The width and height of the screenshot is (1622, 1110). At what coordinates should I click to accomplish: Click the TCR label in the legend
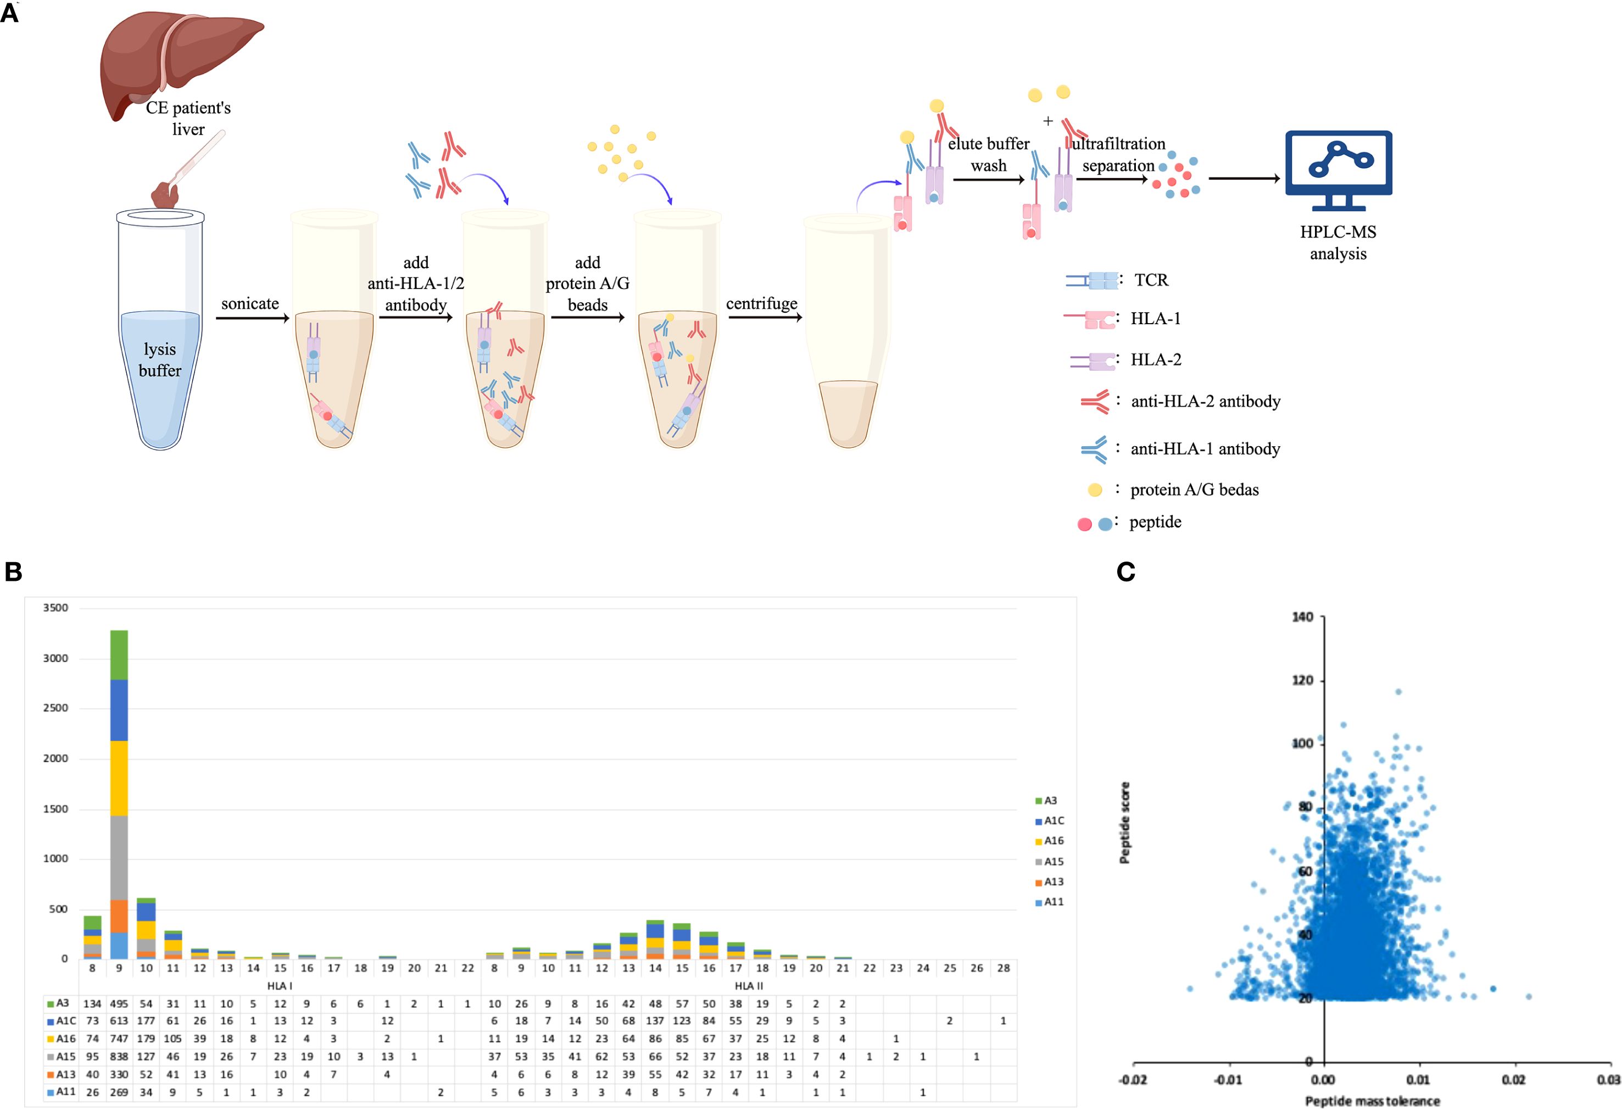pyautogui.click(x=1151, y=280)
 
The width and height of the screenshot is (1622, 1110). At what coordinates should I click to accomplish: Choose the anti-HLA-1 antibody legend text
pyautogui.click(x=1205, y=448)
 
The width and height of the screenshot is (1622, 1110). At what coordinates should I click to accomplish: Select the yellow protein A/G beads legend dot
pyautogui.click(x=1095, y=490)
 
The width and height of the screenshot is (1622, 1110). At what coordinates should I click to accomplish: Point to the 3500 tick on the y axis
pyautogui.click(x=56, y=608)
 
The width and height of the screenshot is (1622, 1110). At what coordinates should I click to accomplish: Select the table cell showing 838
pyautogui.click(x=119, y=1057)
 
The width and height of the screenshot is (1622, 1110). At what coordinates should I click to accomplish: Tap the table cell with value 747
pyautogui.click(x=119, y=1039)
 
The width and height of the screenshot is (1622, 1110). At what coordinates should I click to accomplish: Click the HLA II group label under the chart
pyautogui.click(x=749, y=986)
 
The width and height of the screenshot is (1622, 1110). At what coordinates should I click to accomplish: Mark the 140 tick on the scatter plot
pyautogui.click(x=1302, y=617)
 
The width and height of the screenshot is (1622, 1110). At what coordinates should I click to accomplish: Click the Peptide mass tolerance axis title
pyautogui.click(x=1372, y=1101)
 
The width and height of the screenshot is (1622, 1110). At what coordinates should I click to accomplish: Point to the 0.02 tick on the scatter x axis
pyautogui.click(x=1514, y=1080)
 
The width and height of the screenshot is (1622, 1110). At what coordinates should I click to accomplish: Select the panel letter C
pyautogui.click(x=1126, y=571)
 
